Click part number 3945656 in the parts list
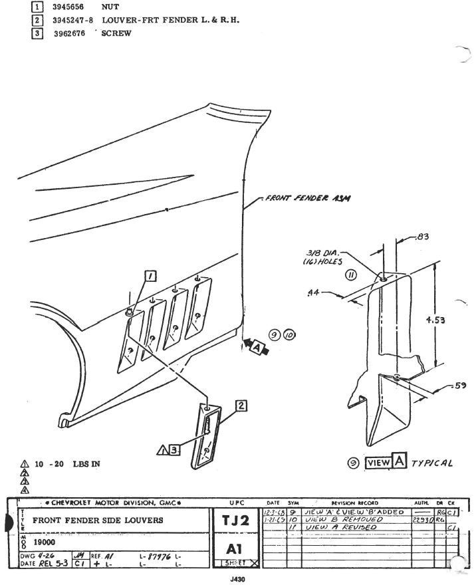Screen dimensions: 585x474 (x=68, y=7)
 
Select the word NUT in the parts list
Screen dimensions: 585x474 (x=110, y=7)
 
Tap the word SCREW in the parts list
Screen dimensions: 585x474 (x=116, y=33)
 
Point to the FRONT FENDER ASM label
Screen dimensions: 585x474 (x=308, y=198)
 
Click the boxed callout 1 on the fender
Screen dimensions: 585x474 (x=151, y=276)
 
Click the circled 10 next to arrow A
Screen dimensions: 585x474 (x=289, y=335)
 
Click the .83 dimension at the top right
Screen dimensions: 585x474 (x=421, y=236)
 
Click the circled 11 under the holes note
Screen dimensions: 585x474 (x=350, y=275)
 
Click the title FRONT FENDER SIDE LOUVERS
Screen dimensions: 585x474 (x=98, y=521)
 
